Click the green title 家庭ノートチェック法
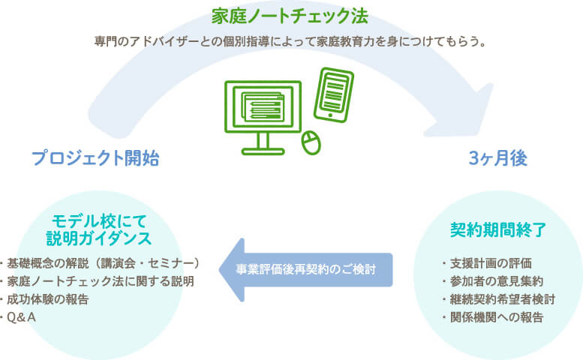(x=290, y=16)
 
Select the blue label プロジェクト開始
(x=95, y=158)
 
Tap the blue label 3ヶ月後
(x=498, y=158)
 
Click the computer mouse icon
(x=311, y=142)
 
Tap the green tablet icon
(x=333, y=94)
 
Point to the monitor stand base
(x=263, y=151)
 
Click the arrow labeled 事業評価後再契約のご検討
(x=305, y=270)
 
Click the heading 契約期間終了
(x=498, y=230)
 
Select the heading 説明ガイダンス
(x=99, y=238)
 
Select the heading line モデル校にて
(x=99, y=221)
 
